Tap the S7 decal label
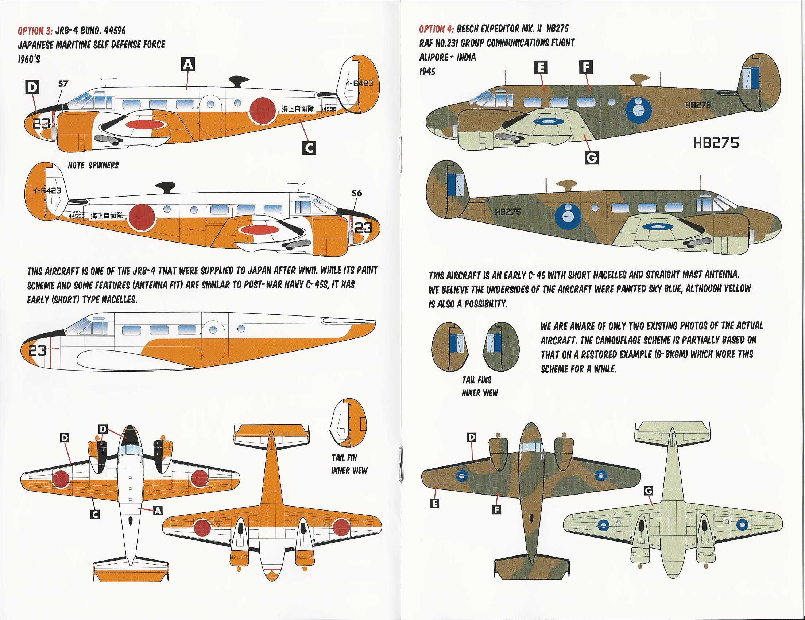point(63,84)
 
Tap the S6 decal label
point(357,193)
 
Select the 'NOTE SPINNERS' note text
point(93,166)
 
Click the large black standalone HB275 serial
point(716,142)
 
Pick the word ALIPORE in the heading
point(433,57)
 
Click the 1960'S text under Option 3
point(29,59)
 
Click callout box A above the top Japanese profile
point(188,65)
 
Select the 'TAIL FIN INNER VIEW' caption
point(349,464)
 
